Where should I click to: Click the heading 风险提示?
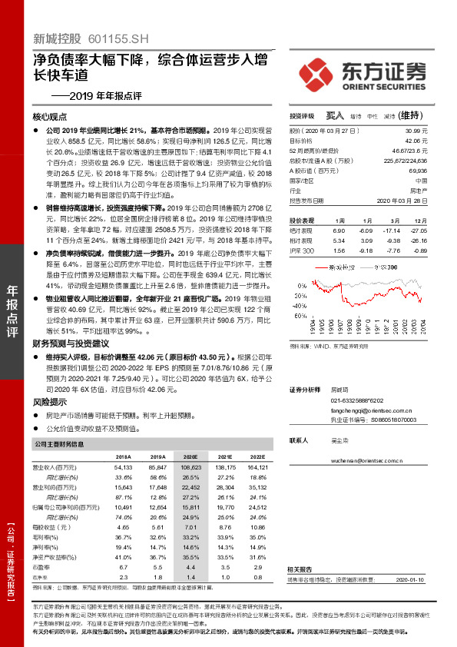click(51, 401)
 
